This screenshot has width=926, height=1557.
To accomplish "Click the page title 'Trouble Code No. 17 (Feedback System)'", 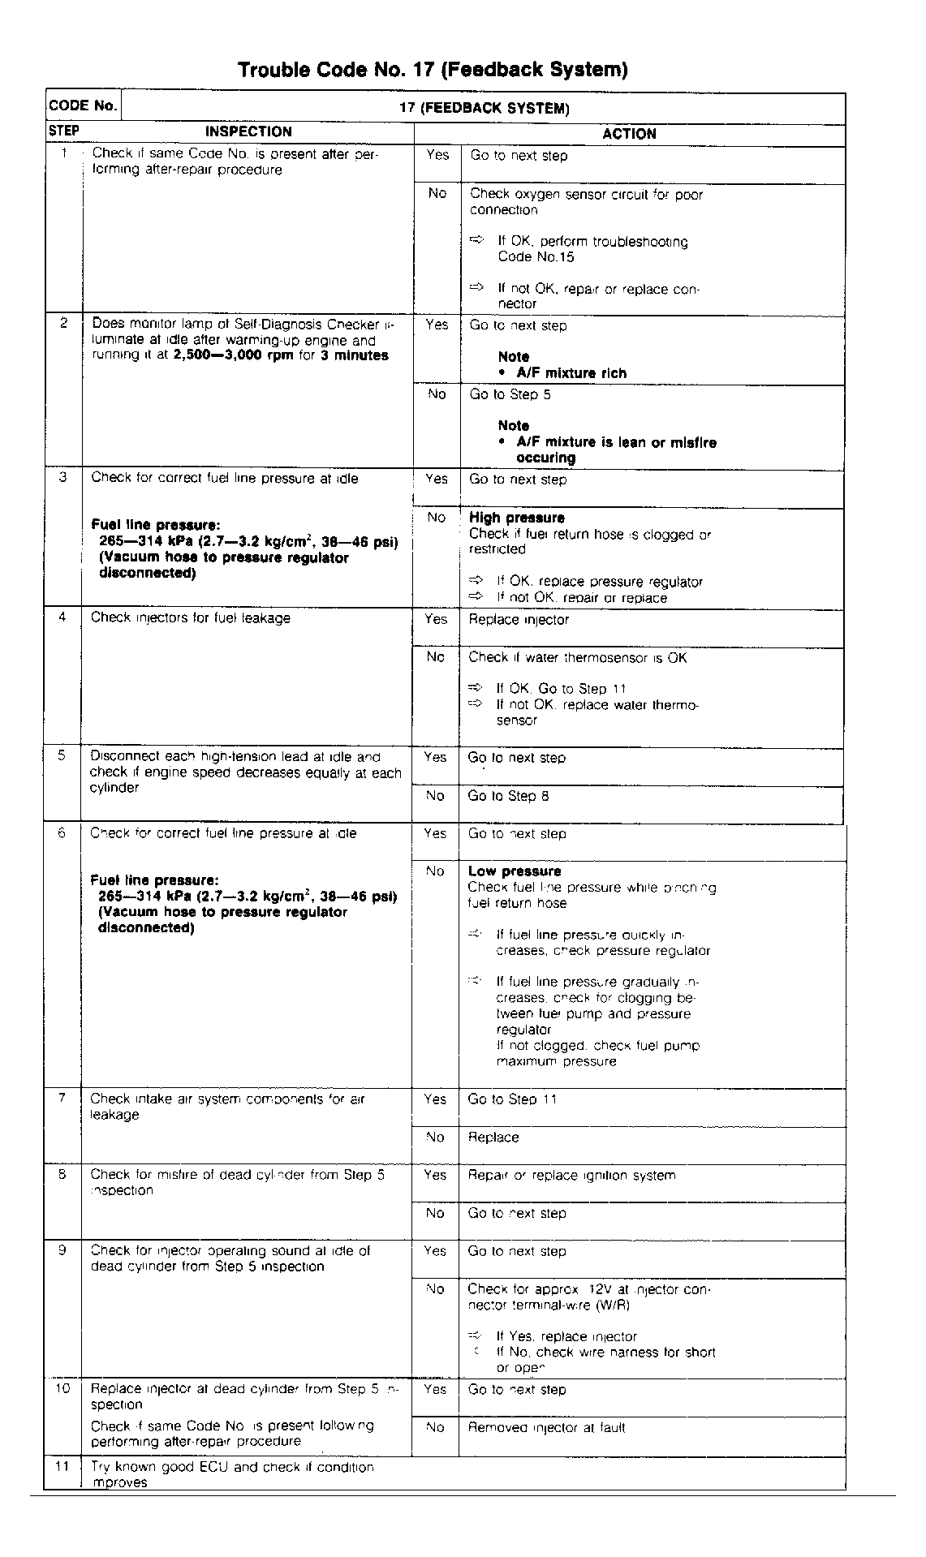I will [x=433, y=71].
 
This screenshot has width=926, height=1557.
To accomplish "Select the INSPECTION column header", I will [x=248, y=132].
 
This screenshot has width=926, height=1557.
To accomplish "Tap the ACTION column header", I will [x=629, y=134].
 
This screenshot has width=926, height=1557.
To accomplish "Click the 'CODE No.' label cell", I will [x=83, y=106].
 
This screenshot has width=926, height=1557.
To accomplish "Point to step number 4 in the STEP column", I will [x=62, y=617].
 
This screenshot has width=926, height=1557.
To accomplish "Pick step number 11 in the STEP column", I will [x=62, y=1467].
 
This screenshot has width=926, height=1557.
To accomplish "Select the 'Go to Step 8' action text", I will [x=508, y=796].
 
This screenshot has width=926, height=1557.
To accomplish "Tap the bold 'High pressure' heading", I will [x=517, y=518].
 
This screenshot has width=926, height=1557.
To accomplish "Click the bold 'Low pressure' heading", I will [x=515, y=871].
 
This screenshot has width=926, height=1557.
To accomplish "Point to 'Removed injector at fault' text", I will [x=546, y=1427].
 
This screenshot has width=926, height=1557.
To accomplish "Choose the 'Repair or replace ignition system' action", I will [x=571, y=1175].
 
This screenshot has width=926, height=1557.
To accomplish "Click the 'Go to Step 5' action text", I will [x=510, y=394].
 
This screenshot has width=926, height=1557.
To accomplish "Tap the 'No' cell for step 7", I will [x=435, y=1138].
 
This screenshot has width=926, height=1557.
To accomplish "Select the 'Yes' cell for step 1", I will [x=437, y=155].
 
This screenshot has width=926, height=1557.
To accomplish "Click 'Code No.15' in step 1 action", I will [x=536, y=257].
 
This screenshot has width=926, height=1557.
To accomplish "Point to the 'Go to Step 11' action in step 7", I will [x=512, y=1099].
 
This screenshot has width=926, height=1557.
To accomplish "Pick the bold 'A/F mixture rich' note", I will [x=571, y=373].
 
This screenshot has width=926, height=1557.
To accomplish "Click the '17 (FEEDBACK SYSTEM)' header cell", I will [x=484, y=108].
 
